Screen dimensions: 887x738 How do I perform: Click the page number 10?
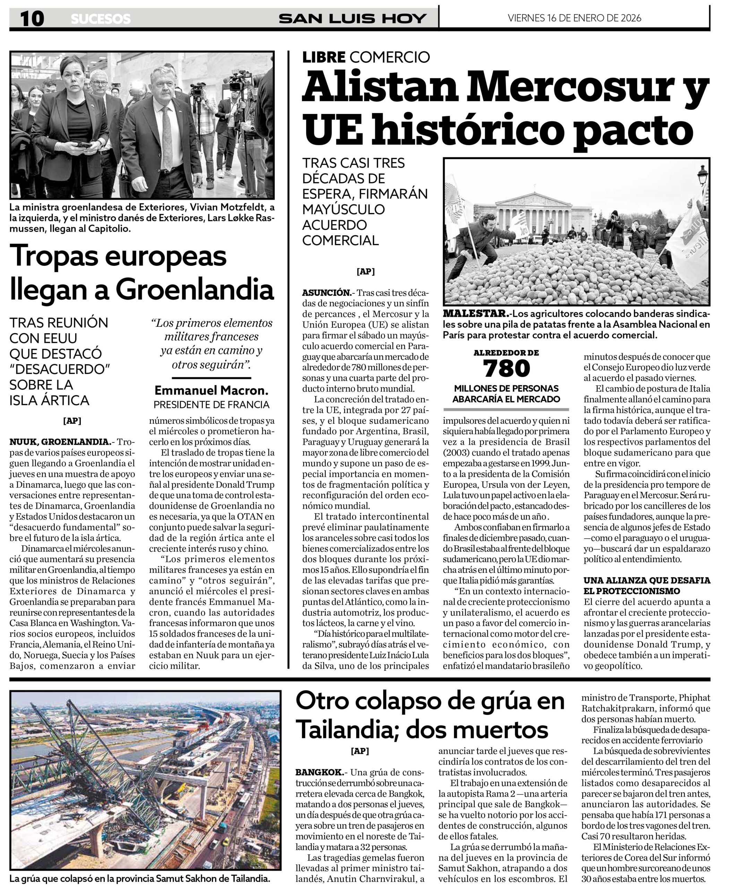coord(32,19)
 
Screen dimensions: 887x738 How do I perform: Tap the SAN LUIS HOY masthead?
coord(352,19)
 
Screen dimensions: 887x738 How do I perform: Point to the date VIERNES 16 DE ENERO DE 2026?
coord(574,18)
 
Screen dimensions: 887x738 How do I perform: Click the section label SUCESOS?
coord(101,19)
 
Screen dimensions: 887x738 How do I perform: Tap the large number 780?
coord(506,368)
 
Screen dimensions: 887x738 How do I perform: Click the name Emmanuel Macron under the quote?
coord(211,390)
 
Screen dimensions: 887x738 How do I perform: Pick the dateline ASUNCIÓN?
coord(326,293)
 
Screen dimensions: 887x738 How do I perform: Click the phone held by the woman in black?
coord(84,144)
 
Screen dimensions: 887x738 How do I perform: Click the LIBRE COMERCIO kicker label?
coord(366,56)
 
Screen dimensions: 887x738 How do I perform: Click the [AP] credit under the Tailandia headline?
coord(360,750)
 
